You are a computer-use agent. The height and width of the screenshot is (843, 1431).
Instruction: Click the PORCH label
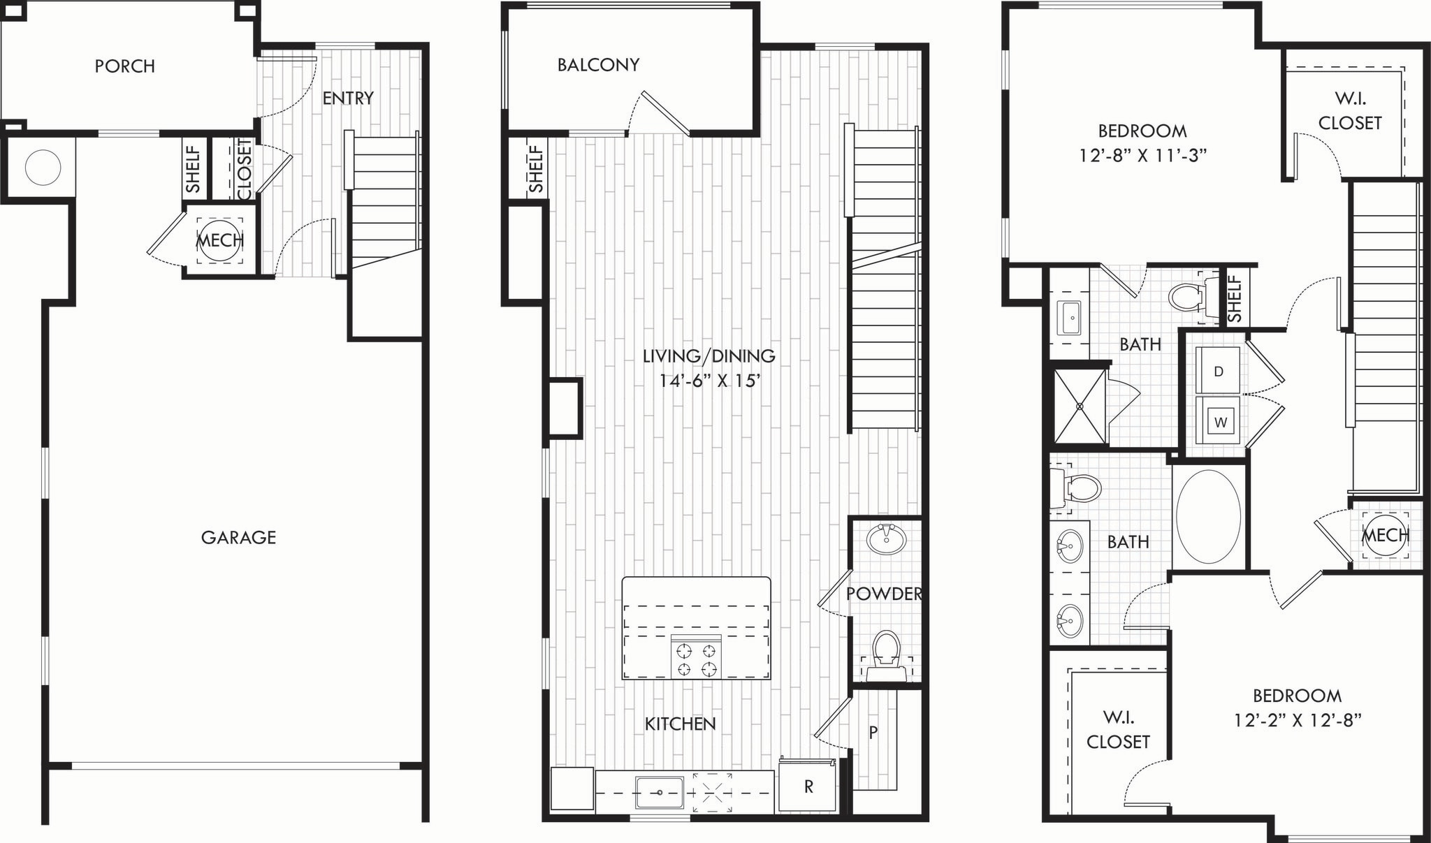(x=125, y=66)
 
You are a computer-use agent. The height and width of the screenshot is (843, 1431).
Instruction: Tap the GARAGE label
(x=238, y=537)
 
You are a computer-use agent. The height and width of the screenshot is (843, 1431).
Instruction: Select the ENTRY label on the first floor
(x=348, y=98)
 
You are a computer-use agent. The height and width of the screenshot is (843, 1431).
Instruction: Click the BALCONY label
(x=598, y=65)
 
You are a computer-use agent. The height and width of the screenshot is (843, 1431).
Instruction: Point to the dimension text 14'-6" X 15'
(x=709, y=381)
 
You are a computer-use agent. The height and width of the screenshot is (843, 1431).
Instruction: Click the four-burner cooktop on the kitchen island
(x=697, y=657)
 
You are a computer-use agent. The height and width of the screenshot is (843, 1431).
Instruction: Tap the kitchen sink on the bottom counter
(x=659, y=793)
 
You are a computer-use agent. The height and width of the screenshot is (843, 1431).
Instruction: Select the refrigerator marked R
(x=808, y=787)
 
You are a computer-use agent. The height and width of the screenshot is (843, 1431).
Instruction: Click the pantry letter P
(x=873, y=732)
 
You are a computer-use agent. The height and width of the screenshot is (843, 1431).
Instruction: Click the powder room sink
(x=886, y=539)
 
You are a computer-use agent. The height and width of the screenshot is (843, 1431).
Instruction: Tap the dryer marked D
(x=1218, y=371)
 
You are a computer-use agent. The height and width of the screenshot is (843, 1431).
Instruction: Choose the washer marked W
(x=1220, y=422)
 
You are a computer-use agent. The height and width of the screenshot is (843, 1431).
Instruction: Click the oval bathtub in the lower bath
(x=1208, y=517)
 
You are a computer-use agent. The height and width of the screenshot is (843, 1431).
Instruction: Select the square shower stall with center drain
(x=1080, y=406)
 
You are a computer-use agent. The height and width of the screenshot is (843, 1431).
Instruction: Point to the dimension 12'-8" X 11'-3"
(x=1142, y=155)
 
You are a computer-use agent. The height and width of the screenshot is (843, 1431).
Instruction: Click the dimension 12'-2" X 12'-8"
(x=1297, y=720)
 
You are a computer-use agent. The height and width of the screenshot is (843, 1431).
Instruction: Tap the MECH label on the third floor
(x=1385, y=536)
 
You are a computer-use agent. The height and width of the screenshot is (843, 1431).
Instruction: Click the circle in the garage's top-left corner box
(x=43, y=167)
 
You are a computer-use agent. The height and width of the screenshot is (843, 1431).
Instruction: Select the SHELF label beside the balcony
(x=536, y=168)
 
